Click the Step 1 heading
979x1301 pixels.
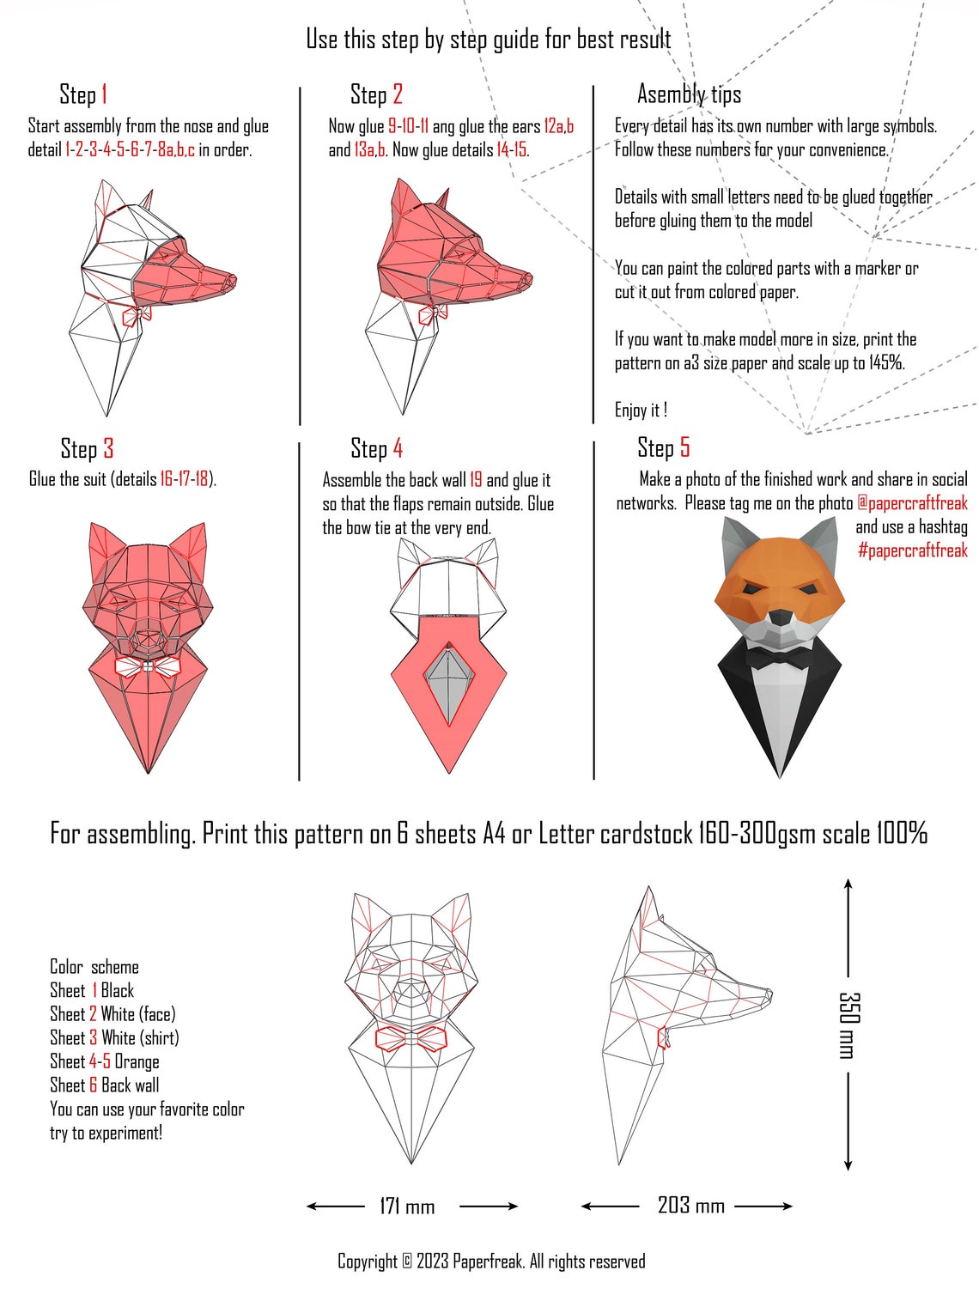83,94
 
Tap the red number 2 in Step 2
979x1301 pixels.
398,94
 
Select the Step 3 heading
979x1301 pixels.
87,449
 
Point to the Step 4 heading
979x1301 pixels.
376,448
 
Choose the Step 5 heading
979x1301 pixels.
663,447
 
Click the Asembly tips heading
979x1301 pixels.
689,94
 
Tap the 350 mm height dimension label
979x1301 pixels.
848,1024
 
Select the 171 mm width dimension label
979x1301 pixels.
407,1207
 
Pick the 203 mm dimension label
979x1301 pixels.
690,1206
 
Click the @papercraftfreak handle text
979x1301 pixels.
912,503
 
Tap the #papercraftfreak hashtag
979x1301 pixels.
912,550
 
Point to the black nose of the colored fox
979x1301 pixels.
780,617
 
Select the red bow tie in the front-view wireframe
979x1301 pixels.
410,1037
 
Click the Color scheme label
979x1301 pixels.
94,967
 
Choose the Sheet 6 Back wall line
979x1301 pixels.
104,1085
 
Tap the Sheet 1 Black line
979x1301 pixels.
92,991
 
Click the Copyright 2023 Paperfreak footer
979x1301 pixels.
490,1261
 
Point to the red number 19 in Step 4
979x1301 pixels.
476,480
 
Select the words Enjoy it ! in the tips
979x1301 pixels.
641,410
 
